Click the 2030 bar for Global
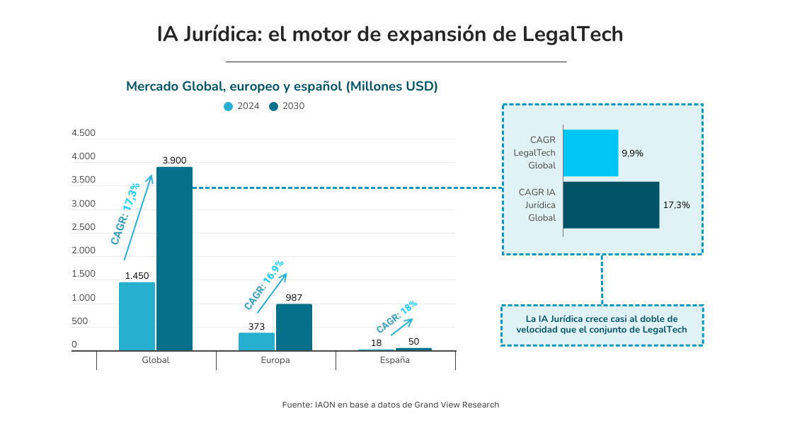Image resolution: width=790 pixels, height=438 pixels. tap(174, 259)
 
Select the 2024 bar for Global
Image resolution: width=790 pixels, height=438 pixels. tap(137, 316)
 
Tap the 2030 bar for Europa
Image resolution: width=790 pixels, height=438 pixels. tap(294, 327)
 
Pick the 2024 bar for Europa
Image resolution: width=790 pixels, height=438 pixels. tap(256, 341)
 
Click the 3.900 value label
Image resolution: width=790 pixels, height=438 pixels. tap(174, 161)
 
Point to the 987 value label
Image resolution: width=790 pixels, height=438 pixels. tap(294, 298)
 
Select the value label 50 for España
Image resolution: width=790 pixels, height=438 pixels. tap(414, 342)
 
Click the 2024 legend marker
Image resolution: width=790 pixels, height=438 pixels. tap(228, 106)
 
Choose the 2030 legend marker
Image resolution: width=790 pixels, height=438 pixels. tap(273, 106)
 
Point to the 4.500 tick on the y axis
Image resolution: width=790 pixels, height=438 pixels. tap(84, 133)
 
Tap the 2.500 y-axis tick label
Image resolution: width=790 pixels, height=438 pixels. tap(84, 227)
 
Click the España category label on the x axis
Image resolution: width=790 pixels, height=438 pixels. tap(395, 360)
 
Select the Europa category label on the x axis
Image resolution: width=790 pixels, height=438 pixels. tap(275, 360)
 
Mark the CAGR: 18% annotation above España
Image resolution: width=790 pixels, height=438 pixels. tap(396, 316)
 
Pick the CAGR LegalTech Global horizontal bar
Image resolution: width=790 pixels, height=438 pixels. tap(590, 153)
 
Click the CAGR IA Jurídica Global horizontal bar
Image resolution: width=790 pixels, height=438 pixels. tap(611, 205)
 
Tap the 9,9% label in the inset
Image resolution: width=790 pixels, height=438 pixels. tap(632, 153)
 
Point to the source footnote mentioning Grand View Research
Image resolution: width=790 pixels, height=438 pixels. tap(391, 405)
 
